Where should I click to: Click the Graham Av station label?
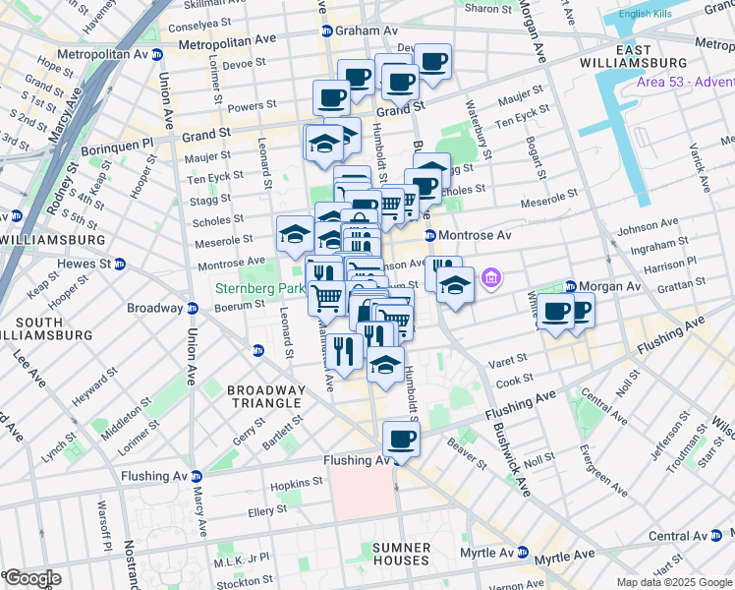click(x=357, y=30)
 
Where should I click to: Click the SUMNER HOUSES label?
click(x=401, y=554)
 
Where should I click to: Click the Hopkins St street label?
click(x=297, y=482)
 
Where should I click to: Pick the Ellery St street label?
click(x=267, y=509)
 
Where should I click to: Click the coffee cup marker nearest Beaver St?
click(x=400, y=439)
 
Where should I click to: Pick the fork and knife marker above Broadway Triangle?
click(x=343, y=350)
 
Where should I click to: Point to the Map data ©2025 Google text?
click(x=673, y=582)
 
